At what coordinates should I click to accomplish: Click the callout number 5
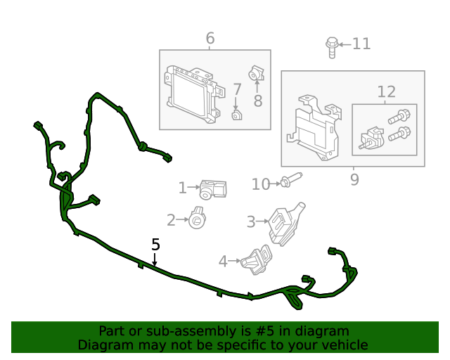point(155,245)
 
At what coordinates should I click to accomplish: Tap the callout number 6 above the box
point(210,38)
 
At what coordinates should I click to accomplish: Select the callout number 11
point(361,44)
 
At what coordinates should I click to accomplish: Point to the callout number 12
point(386,91)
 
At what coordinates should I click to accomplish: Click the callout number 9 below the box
point(354,180)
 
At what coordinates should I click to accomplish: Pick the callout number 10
point(261,184)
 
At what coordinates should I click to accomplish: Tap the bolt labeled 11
point(331,46)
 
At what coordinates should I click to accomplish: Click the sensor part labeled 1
point(213,188)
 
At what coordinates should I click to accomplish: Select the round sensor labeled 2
point(197,219)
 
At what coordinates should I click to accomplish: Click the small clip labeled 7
point(237,115)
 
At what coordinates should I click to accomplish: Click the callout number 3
point(250,222)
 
